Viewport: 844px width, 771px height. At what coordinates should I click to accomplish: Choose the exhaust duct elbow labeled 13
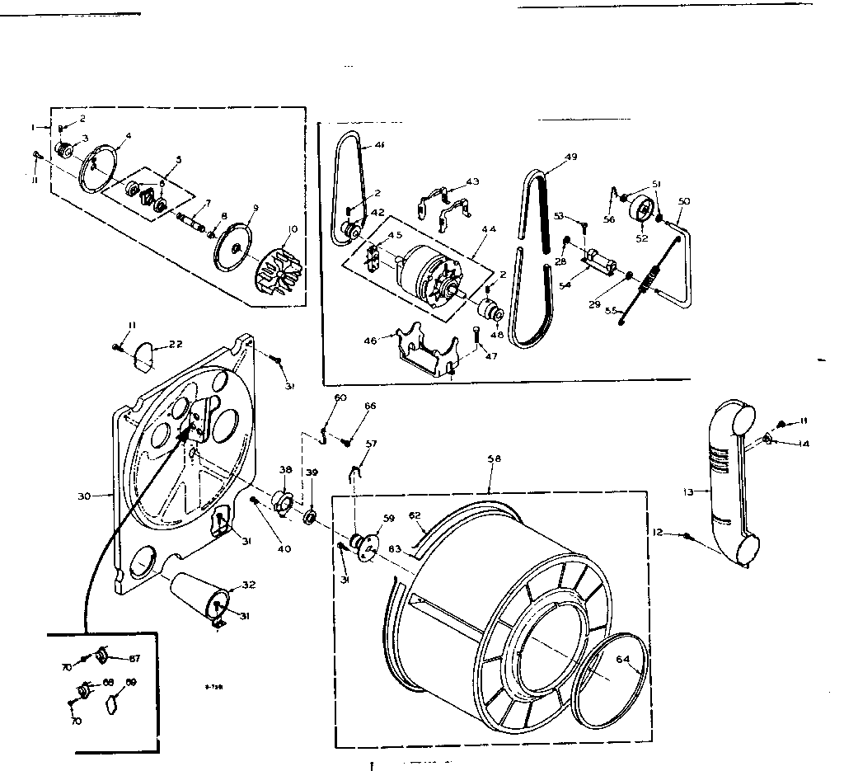click(x=729, y=487)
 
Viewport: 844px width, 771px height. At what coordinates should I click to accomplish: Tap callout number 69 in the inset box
click(x=130, y=684)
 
